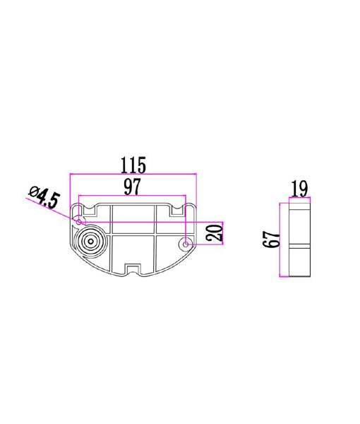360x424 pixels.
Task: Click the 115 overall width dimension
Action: click(133, 165)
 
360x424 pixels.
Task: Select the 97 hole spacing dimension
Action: click(133, 187)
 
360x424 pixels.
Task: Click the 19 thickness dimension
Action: click(299, 189)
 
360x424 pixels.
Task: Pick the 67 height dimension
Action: click(269, 240)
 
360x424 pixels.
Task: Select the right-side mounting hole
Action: click(186, 245)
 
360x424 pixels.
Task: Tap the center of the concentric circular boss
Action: click(90, 242)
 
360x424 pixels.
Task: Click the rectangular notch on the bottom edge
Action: click(133, 269)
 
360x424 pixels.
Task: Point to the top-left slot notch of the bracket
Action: click(90, 211)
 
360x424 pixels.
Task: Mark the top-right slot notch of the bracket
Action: click(176, 210)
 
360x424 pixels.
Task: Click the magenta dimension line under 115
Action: click(133, 175)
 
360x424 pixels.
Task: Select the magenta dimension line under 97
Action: click(133, 196)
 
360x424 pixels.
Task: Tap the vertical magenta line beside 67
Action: click(282, 240)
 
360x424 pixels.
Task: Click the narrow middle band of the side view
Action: click(299, 245)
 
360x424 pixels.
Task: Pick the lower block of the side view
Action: click(299, 262)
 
